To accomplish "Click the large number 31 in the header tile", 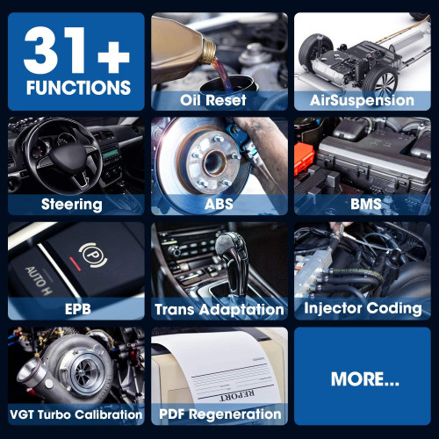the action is pos(54,50).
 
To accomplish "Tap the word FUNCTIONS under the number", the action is pos(78,88).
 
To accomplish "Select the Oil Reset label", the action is pos(213,100).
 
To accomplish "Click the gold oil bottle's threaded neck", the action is pos(209,52).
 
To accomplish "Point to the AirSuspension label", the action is pos(362,100).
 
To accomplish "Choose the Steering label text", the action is pos(72,205).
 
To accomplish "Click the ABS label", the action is pos(219,204).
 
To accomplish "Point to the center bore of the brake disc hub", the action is pos(213,162).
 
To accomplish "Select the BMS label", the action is pos(366,204).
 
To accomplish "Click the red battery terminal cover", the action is pos(304,158).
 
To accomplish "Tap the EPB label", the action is pos(78,309).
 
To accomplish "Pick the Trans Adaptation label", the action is pos(219,310).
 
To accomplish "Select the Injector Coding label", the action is pos(363,308).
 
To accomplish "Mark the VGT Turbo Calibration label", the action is pos(76,414).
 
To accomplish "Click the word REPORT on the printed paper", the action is pos(237,395).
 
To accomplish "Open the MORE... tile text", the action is pos(365,379).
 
